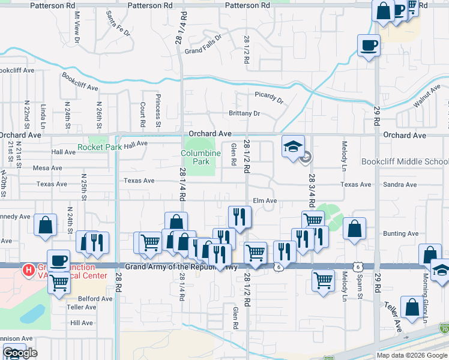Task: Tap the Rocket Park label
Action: pos(100,146)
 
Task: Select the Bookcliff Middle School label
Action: pos(405,162)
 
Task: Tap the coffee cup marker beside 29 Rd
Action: pos(369,45)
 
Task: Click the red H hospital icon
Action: pos(28,271)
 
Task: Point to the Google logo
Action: pos(20,353)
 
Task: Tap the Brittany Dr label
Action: pos(244,113)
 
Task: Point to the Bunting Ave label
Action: pos(400,233)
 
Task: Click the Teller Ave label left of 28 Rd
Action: pos(82,307)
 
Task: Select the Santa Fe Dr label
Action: pos(118,23)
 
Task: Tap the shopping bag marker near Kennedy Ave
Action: pos(46,225)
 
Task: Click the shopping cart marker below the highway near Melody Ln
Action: pos(323,280)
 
